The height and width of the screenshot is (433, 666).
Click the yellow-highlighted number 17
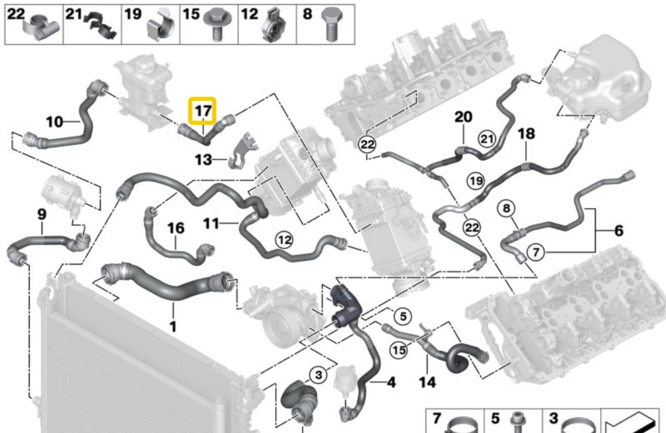tap(203, 111)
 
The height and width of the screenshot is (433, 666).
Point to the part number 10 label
tap(55, 122)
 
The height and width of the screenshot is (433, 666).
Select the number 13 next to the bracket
tap(203, 160)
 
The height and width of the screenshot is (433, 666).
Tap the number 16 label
tap(176, 228)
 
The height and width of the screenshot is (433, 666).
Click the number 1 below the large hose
tap(173, 326)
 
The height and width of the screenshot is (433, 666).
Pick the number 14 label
tap(428, 382)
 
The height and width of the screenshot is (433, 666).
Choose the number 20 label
tap(464, 117)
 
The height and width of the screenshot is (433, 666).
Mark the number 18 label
tap(526, 134)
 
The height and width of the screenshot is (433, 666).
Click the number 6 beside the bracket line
tap(619, 230)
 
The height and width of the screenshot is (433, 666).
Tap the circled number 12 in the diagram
tap(284, 240)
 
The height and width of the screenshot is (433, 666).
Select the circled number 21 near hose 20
tap(488, 139)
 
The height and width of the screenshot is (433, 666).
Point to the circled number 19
tap(476, 181)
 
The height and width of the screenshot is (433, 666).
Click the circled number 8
tap(506, 209)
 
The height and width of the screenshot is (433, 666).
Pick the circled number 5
tap(403, 316)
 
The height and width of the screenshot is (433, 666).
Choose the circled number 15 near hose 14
tap(399, 350)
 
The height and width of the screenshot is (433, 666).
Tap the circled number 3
tap(318, 375)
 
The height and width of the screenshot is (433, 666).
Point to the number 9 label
tap(41, 214)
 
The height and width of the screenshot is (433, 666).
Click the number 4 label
tap(391, 382)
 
